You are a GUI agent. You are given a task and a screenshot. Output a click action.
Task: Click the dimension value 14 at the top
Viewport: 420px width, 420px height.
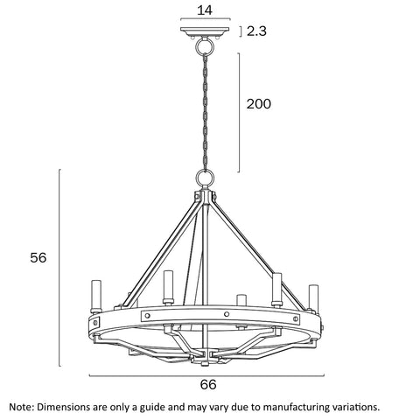(x=205, y=10)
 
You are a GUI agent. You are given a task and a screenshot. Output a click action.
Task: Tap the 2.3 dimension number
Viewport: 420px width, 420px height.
(x=256, y=31)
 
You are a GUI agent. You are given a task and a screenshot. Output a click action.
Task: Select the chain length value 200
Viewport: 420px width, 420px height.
(x=259, y=104)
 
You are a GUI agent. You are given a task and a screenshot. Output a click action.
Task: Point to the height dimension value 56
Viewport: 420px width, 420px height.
(x=38, y=257)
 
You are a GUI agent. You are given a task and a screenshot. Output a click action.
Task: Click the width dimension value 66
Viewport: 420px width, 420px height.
(x=208, y=384)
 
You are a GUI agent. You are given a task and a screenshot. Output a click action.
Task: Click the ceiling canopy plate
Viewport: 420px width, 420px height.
(x=205, y=31)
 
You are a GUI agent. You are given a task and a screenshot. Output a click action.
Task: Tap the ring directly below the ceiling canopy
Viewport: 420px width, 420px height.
(x=205, y=45)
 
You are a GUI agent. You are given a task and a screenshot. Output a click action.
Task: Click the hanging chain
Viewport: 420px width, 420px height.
(x=206, y=112)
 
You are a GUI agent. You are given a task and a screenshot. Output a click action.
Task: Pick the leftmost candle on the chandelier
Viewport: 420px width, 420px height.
(x=96, y=297)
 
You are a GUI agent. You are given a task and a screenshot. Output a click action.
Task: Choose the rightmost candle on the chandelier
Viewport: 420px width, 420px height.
(x=313, y=298)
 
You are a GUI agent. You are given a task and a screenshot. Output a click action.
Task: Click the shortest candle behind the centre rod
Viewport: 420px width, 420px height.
(x=241, y=301)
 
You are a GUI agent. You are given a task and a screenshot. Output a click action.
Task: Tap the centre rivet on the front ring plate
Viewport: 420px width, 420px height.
(x=227, y=314)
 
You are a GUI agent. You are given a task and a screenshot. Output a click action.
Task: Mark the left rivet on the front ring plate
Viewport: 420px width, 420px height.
(x=147, y=316)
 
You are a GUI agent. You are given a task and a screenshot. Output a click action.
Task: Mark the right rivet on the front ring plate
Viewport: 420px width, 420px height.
(x=296, y=318)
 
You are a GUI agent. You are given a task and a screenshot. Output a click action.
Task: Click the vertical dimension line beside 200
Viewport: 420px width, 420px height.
(x=239, y=113)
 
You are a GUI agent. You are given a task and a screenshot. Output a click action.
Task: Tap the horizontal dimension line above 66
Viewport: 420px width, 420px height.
(x=206, y=376)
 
